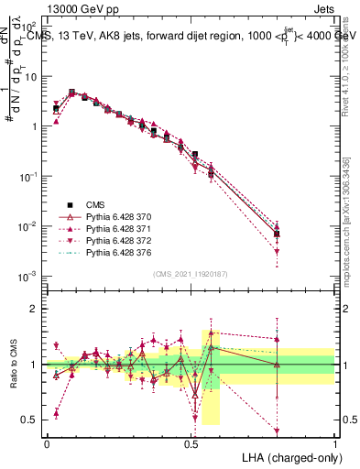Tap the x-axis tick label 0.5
coord(191,442)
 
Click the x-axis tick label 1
coord(334,442)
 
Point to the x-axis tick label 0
coord(47,442)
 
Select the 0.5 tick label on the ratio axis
coord(29,420)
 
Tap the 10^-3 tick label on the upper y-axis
coord(27,276)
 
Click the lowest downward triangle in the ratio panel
coord(277,431)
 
